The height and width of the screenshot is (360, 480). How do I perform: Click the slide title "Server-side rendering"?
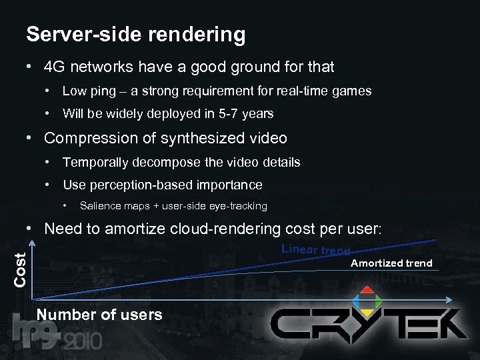tap(135, 35)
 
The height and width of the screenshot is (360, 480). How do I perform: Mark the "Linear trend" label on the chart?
tap(315, 250)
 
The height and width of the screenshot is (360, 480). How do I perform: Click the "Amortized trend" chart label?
tap(391, 263)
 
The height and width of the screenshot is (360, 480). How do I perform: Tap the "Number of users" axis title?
tap(100, 315)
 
